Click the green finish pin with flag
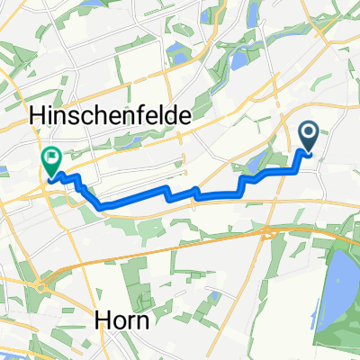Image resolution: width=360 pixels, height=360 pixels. (x=50, y=160)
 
